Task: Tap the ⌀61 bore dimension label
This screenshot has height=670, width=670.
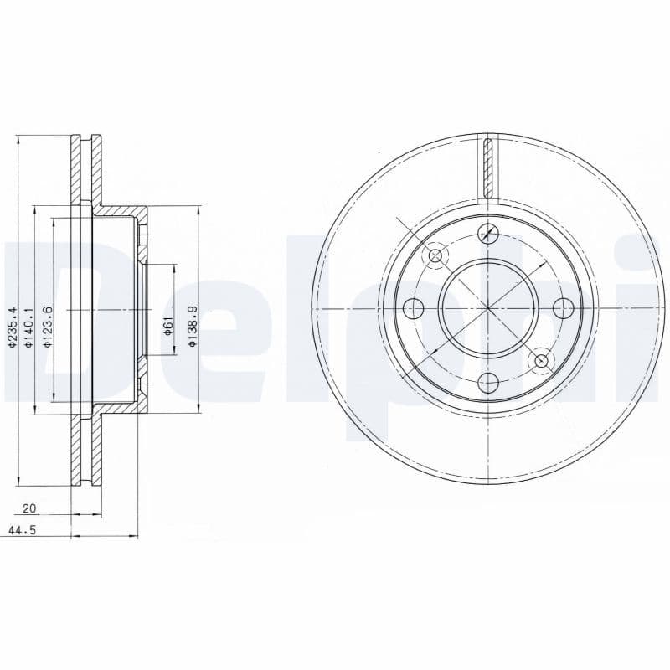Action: click(x=167, y=326)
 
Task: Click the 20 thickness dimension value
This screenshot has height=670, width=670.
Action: click(x=29, y=508)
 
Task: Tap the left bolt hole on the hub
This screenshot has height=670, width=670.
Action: click(x=413, y=309)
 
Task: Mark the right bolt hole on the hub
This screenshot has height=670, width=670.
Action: click(x=563, y=309)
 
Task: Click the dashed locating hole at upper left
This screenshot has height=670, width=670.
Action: click(x=435, y=255)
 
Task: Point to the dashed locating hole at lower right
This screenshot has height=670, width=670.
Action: click(x=540, y=361)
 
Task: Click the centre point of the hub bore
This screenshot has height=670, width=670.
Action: click(x=487, y=309)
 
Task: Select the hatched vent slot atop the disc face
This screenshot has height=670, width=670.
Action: click(x=487, y=165)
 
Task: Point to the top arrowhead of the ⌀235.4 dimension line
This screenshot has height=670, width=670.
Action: click(x=18, y=139)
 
